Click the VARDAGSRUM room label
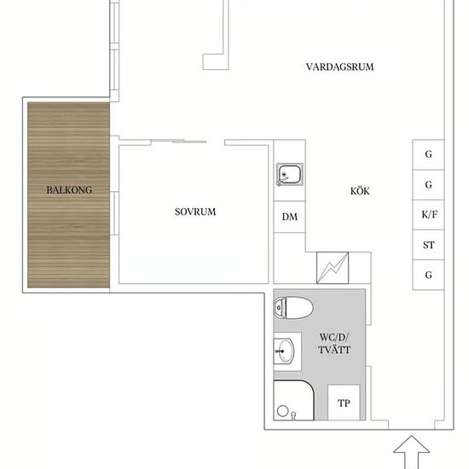pyautogui.click(x=339, y=67)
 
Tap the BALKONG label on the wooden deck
pyautogui.click(x=69, y=190)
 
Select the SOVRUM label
pyautogui.click(x=195, y=211)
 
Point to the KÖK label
pyautogui.click(x=360, y=190)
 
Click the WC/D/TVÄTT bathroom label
pyautogui.click(x=334, y=344)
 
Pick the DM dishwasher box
pyautogui.click(x=290, y=217)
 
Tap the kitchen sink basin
pyautogui.click(x=289, y=174)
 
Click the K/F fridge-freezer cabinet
pyautogui.click(x=428, y=215)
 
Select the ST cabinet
pyautogui.click(x=428, y=245)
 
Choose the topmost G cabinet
pyautogui.click(x=428, y=154)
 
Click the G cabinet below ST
pyautogui.click(x=428, y=275)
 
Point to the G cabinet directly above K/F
pyautogui.click(x=428, y=185)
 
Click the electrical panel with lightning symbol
pyautogui.click(x=333, y=268)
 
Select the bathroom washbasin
pyautogui.click(x=284, y=351)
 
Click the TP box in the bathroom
pyautogui.click(x=344, y=402)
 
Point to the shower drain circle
pyautogui.click(x=282, y=411)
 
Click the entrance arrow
pyautogui.click(x=412, y=452)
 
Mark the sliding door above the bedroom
pyautogui.click(x=179, y=142)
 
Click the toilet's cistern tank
pyautogui.click(x=280, y=308)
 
